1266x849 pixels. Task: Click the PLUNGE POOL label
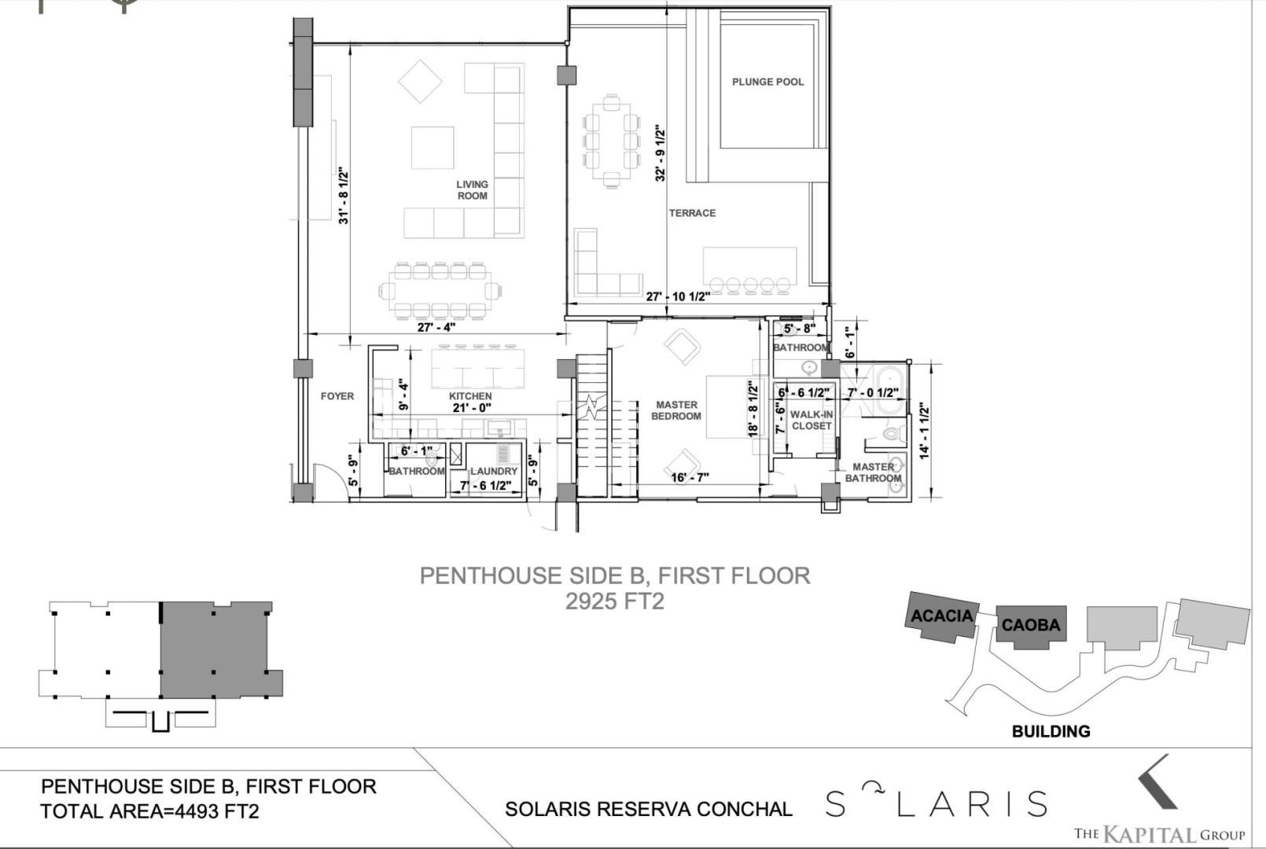coord(767,82)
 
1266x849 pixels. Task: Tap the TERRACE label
coord(692,213)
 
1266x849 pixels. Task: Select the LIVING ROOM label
coord(472,189)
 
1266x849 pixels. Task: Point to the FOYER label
coord(337,396)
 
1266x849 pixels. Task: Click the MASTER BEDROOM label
coord(676,410)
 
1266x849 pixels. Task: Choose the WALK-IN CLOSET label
coord(811,420)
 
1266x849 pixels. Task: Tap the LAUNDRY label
coord(494,471)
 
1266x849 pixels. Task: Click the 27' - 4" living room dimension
coord(436,327)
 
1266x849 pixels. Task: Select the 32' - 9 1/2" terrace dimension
coord(660,153)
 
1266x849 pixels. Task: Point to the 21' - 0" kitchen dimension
coord(472,407)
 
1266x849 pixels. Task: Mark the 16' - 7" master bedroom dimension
coord(690,477)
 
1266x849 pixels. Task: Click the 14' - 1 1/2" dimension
coord(925,431)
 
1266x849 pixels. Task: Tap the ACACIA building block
coord(941,617)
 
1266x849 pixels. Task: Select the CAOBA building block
coord(1031,626)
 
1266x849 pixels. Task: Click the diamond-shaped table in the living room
coord(420,82)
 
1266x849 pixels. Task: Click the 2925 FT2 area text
coord(615,601)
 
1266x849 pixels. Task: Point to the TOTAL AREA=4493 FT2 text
coord(149,811)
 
